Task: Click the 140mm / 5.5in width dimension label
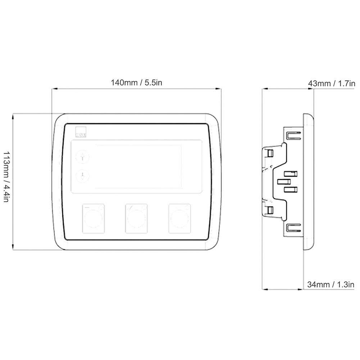(137, 83)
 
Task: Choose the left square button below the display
(94, 218)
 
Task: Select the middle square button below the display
(136, 218)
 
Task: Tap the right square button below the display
(179, 218)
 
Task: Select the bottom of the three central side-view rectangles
(290, 189)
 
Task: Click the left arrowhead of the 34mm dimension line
(263, 290)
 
